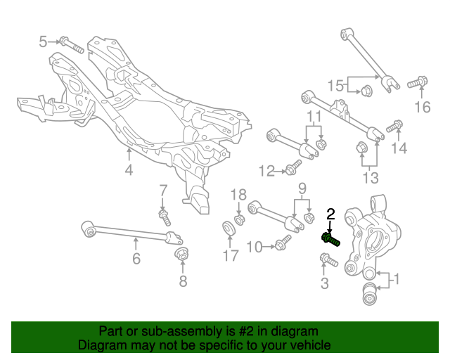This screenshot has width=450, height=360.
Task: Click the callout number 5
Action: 43,42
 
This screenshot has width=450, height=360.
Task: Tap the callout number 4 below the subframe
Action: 129,169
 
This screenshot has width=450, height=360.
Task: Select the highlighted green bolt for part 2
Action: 330,239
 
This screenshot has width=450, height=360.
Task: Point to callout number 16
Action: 421,107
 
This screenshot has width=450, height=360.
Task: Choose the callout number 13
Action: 370,176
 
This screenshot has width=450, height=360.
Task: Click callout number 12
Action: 266,170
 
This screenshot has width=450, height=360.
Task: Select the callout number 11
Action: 313,116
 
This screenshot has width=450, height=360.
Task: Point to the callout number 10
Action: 254,246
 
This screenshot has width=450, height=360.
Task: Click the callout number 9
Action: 302,188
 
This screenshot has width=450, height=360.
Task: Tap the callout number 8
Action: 183,282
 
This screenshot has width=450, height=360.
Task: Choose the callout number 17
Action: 231,256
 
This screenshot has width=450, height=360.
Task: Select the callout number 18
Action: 239,195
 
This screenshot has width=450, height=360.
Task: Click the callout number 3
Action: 324,283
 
